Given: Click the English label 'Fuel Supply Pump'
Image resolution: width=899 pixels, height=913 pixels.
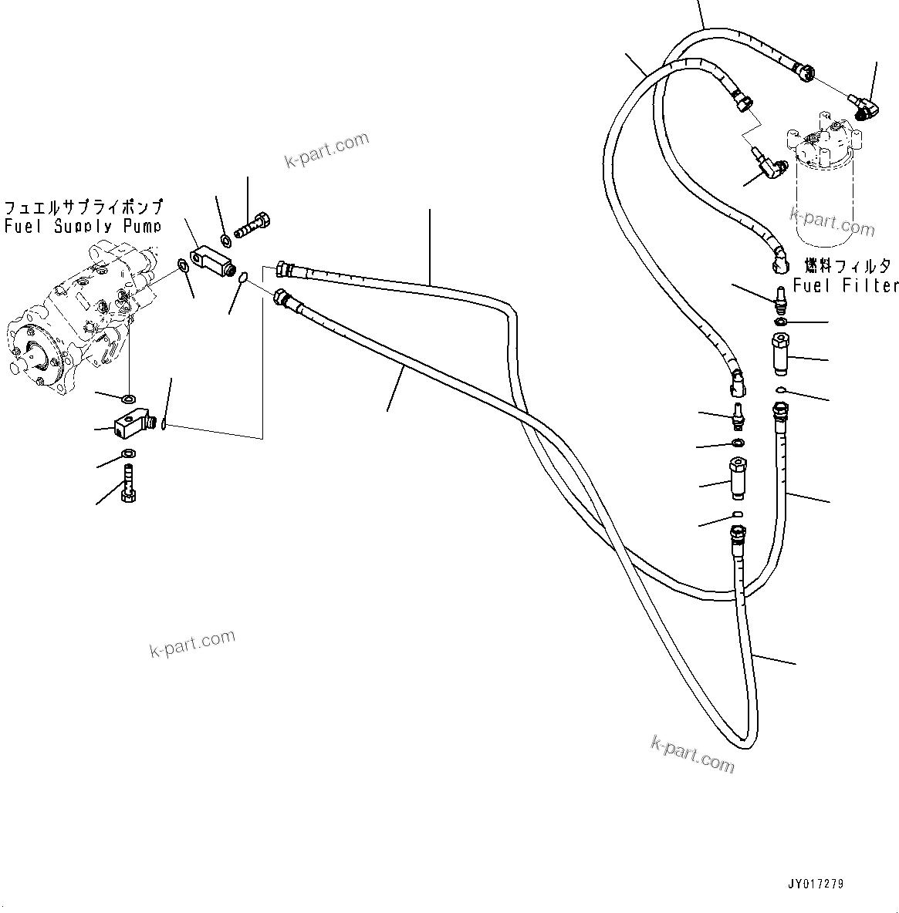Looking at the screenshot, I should [x=83, y=226].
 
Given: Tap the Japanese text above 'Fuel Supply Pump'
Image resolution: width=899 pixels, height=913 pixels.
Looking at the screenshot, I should [x=83, y=207].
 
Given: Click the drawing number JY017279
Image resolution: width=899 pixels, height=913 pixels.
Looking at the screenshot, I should [x=815, y=884].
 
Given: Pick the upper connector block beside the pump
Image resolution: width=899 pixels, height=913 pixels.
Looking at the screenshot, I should [x=212, y=257].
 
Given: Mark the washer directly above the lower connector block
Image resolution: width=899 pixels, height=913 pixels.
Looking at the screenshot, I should [x=128, y=398].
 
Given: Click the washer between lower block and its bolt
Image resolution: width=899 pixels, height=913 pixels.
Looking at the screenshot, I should [x=127, y=453].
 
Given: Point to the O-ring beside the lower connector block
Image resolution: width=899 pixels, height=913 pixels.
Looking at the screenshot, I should [x=163, y=422].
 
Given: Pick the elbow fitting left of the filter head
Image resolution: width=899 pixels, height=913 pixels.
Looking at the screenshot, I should [x=769, y=166].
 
